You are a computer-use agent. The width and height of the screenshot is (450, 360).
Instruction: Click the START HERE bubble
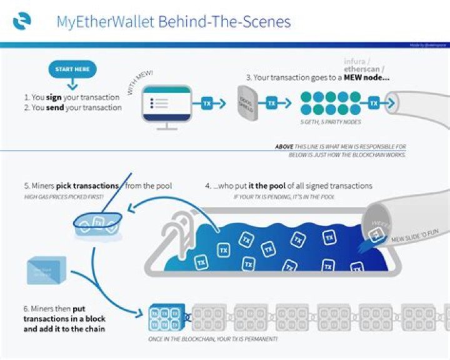pos(72,69)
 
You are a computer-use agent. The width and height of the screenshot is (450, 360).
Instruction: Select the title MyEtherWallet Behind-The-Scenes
pos(174,22)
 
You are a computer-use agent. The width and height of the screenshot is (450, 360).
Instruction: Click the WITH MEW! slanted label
pos(141,82)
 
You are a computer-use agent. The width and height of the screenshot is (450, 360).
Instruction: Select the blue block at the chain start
pos(166,317)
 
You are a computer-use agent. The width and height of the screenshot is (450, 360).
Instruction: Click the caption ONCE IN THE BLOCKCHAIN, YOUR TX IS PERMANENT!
pos(253,339)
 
